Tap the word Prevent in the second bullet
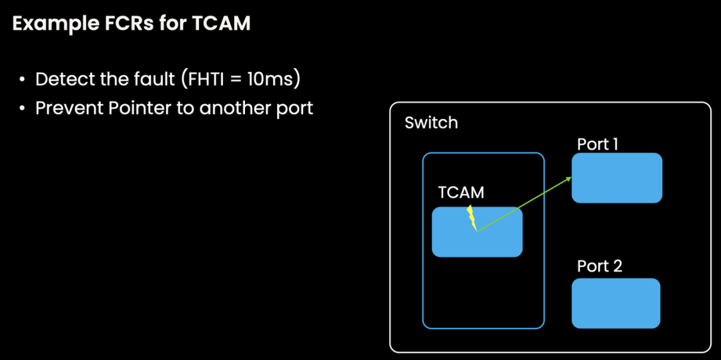pos(65,108)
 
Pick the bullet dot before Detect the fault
pos(22,79)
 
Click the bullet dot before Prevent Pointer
pos(22,108)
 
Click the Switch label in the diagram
pos(431,123)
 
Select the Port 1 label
pos(597,144)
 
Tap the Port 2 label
pos(599,266)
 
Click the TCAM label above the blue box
pos(461,192)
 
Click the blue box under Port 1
pos(617,178)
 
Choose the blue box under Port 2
pos(616,303)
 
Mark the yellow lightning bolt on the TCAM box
pos(472,217)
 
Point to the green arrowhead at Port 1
pos(568,178)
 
